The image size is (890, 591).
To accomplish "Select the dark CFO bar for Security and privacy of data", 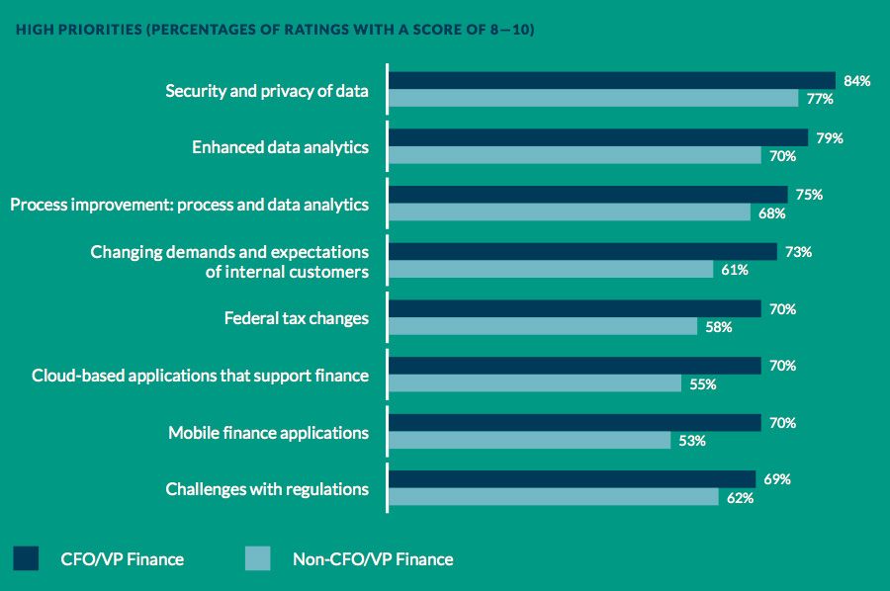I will [x=611, y=81].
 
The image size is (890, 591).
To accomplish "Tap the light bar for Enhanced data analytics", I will [x=575, y=156].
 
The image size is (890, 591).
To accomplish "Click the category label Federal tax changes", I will [x=297, y=318].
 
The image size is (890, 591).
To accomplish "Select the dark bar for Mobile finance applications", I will [x=575, y=423].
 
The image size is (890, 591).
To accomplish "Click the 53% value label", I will [x=692, y=441].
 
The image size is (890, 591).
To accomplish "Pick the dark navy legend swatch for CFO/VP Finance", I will [x=27, y=558].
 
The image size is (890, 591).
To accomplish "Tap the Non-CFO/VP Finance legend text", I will [x=373, y=559].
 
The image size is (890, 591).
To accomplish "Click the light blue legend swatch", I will [x=257, y=558].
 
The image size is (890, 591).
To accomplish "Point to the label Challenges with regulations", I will [x=267, y=488].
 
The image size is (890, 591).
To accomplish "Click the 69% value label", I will [x=777, y=479].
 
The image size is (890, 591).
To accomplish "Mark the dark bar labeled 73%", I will [x=582, y=252].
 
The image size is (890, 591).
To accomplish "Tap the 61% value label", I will [x=735, y=270].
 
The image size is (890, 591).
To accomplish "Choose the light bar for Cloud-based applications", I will [x=535, y=384].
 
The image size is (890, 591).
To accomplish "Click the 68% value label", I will [x=772, y=213].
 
